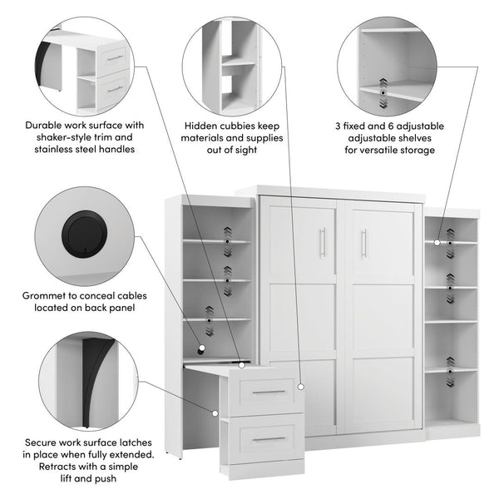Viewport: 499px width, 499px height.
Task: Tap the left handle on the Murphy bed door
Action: coord(323,242)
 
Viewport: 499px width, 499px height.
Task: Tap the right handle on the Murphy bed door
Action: coord(363,242)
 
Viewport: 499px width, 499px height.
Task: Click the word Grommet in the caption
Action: coord(46,294)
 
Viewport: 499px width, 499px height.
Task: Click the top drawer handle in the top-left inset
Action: coord(115,57)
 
